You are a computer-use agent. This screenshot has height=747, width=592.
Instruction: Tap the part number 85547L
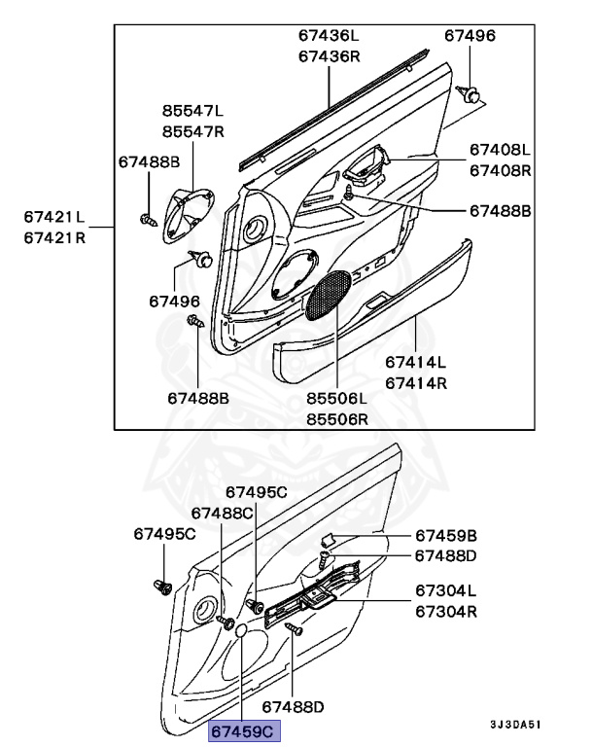coord(192,112)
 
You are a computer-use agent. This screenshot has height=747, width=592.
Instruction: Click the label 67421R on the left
coord(54,236)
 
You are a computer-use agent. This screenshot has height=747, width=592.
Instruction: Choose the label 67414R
coord(416,382)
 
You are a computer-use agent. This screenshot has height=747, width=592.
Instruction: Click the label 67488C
coord(222,513)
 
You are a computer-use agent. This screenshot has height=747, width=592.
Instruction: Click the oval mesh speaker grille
coord(329,295)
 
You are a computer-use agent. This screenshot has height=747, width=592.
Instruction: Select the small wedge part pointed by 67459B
coord(329,539)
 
